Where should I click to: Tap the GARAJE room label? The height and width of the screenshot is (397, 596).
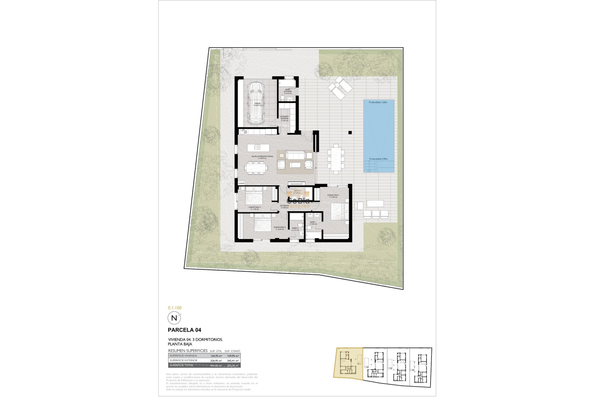pyautogui.click(x=258, y=104)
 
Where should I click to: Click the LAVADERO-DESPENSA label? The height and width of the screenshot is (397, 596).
pyautogui.click(x=284, y=118)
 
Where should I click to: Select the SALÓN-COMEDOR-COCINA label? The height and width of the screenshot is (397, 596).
pyautogui.click(x=262, y=157)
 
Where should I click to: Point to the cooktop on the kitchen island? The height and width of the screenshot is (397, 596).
pyautogui.click(x=257, y=147)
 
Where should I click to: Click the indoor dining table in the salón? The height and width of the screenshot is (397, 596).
pyautogui.click(x=256, y=168)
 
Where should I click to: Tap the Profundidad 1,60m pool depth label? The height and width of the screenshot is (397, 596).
pyautogui.click(x=378, y=102)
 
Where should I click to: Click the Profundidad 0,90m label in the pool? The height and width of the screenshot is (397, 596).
pyautogui.click(x=378, y=159)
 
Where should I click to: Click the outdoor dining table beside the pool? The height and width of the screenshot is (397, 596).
pyautogui.click(x=336, y=159)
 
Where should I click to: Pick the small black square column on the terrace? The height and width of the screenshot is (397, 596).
pyautogui.click(x=350, y=133)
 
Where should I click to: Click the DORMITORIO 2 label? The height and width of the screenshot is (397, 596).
pyautogui.click(x=280, y=228)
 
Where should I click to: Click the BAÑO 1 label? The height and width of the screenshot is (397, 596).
pyautogui.click(x=313, y=223)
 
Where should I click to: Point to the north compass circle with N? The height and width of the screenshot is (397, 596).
pyautogui.click(x=174, y=318)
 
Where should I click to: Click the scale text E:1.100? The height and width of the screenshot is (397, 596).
pyautogui.click(x=175, y=308)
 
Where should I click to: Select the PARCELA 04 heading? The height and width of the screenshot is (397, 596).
pyautogui.click(x=184, y=330)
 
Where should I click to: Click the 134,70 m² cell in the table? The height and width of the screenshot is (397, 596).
pyautogui.click(x=216, y=356)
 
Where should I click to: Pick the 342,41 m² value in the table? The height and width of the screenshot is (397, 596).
pyautogui.click(x=233, y=361)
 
